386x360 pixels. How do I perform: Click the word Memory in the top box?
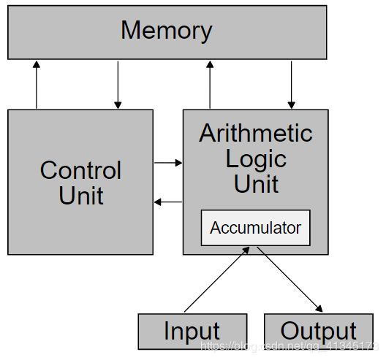[x=167, y=31]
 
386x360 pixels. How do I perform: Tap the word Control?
[x=80, y=170]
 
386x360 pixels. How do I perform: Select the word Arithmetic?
[x=256, y=133]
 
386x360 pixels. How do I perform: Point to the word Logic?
[x=256, y=160]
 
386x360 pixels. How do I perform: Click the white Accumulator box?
[x=256, y=228]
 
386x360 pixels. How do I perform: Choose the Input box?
[x=192, y=332]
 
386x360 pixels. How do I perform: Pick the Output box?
[x=319, y=332]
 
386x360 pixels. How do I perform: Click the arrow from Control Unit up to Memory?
[x=37, y=85]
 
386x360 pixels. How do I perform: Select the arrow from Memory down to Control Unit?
[x=118, y=85]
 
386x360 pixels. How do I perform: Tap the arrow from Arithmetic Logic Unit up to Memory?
[x=210, y=85]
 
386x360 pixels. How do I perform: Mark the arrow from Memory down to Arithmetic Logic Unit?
[x=292, y=85]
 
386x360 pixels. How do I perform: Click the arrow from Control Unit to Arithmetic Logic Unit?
[x=168, y=163]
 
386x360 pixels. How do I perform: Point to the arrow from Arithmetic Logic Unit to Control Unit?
[x=168, y=202]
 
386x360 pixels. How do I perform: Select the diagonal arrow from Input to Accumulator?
[x=217, y=280]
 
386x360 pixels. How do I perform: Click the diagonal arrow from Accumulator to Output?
[x=289, y=280]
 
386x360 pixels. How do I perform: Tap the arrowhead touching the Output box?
[x=319, y=309]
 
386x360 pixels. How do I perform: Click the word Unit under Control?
[x=81, y=196]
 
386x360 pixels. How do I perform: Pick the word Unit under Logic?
[x=257, y=184]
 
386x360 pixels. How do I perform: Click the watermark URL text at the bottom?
[x=289, y=346]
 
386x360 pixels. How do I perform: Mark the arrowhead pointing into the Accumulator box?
[x=246, y=250]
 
